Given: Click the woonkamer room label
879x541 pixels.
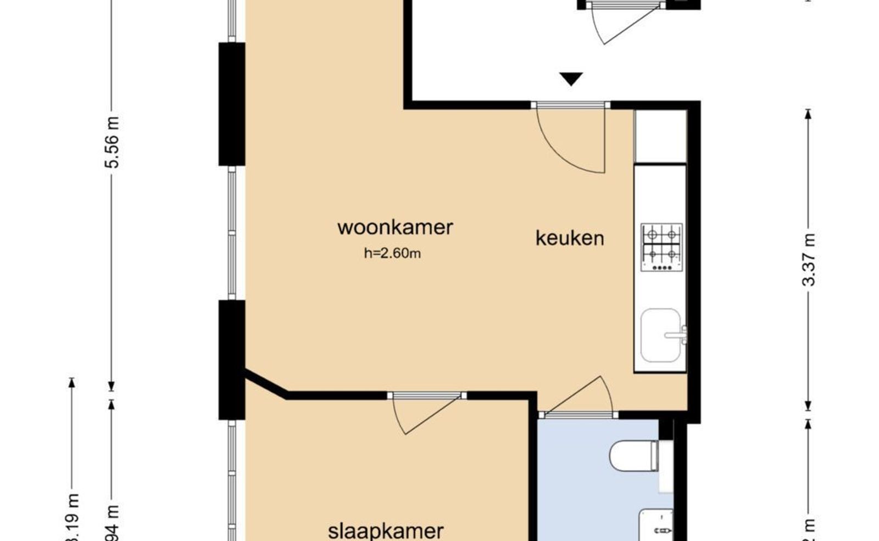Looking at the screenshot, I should [x=395, y=227].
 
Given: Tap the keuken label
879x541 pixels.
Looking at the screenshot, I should [x=570, y=238].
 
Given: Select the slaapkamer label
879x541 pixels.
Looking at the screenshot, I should [x=386, y=531].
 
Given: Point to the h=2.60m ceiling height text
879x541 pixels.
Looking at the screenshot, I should [x=392, y=253].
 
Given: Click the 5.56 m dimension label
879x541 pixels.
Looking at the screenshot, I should [x=113, y=142].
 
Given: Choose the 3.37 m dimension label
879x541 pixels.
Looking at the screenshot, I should [x=808, y=260].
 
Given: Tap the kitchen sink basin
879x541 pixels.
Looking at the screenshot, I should [x=659, y=335].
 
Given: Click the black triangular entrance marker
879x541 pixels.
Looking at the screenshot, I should [x=571, y=79].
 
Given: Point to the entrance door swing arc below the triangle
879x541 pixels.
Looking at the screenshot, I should [x=571, y=140].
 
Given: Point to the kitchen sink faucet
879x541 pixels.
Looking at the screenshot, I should [x=679, y=334].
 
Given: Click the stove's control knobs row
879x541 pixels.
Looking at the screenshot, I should [x=661, y=268].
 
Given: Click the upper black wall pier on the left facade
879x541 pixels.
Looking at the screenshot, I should [x=231, y=104].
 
